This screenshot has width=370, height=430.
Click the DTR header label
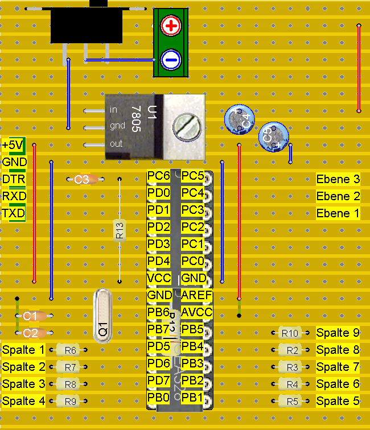click(14, 180)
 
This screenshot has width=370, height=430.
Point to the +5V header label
click(14, 146)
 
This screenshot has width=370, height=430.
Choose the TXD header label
click(14, 214)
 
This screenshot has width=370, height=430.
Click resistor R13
click(120, 230)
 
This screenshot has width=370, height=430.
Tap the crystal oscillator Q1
click(104, 316)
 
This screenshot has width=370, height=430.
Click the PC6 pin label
click(159, 176)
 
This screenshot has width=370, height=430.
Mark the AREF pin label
click(196, 296)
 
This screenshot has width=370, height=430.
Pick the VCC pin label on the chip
click(159, 278)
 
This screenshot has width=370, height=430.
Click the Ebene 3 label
click(338, 180)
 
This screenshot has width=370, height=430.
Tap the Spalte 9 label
click(338, 333)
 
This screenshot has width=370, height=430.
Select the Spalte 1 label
click(24, 350)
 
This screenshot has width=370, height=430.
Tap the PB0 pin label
click(159, 397)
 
